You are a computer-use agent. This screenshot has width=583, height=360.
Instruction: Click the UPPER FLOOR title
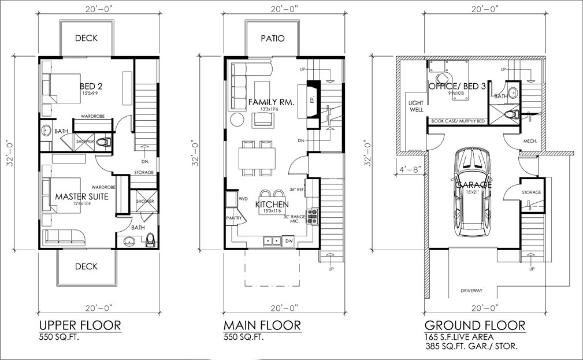(x=80, y=325)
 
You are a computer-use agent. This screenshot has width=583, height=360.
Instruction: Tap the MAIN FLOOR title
(x=262, y=325)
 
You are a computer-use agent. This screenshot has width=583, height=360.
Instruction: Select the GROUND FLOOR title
(x=474, y=325)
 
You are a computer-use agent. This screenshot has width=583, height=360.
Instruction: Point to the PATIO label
(x=272, y=39)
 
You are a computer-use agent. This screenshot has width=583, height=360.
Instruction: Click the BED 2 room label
(x=91, y=86)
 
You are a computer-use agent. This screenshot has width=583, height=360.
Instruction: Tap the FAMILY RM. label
(x=271, y=102)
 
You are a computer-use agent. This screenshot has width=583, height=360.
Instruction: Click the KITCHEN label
(x=272, y=204)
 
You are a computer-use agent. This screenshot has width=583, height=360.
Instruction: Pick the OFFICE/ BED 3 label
(x=456, y=86)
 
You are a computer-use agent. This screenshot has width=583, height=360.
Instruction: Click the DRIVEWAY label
(x=471, y=290)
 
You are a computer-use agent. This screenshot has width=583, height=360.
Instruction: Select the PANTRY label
(x=233, y=218)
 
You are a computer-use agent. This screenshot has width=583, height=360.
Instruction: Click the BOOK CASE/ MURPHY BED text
(x=458, y=121)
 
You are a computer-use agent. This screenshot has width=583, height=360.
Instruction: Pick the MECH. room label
(x=530, y=140)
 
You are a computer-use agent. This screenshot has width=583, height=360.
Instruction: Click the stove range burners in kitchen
(x=312, y=216)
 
